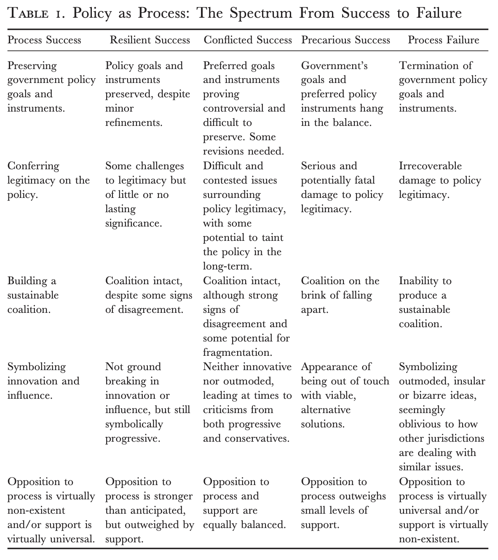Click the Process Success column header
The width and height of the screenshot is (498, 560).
coord(44,40)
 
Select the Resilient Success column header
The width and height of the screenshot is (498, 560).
coord(150,40)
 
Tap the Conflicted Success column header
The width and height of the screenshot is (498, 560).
coord(248,40)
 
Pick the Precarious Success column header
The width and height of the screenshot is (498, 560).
coord(345,40)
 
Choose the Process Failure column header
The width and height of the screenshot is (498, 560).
coord(443,40)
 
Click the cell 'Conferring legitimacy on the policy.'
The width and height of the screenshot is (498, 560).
coord(48,180)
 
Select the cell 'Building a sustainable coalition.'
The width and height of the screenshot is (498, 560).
coord(33,295)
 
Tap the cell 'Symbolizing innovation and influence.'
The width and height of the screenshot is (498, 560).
coord(43,381)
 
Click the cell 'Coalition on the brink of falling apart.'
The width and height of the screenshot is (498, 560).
coord(340,295)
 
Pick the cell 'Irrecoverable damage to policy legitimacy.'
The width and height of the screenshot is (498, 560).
coord(440,180)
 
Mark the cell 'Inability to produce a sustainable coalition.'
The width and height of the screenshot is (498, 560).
coord(425,302)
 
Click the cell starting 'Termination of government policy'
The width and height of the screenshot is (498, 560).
coord(442,87)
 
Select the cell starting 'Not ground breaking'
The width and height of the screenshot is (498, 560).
coord(147,403)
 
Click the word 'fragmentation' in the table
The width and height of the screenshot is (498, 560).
coord(237,352)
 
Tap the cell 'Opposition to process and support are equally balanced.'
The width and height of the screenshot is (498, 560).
coord(244,503)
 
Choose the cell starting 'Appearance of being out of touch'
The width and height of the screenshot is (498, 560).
coord(345,395)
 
